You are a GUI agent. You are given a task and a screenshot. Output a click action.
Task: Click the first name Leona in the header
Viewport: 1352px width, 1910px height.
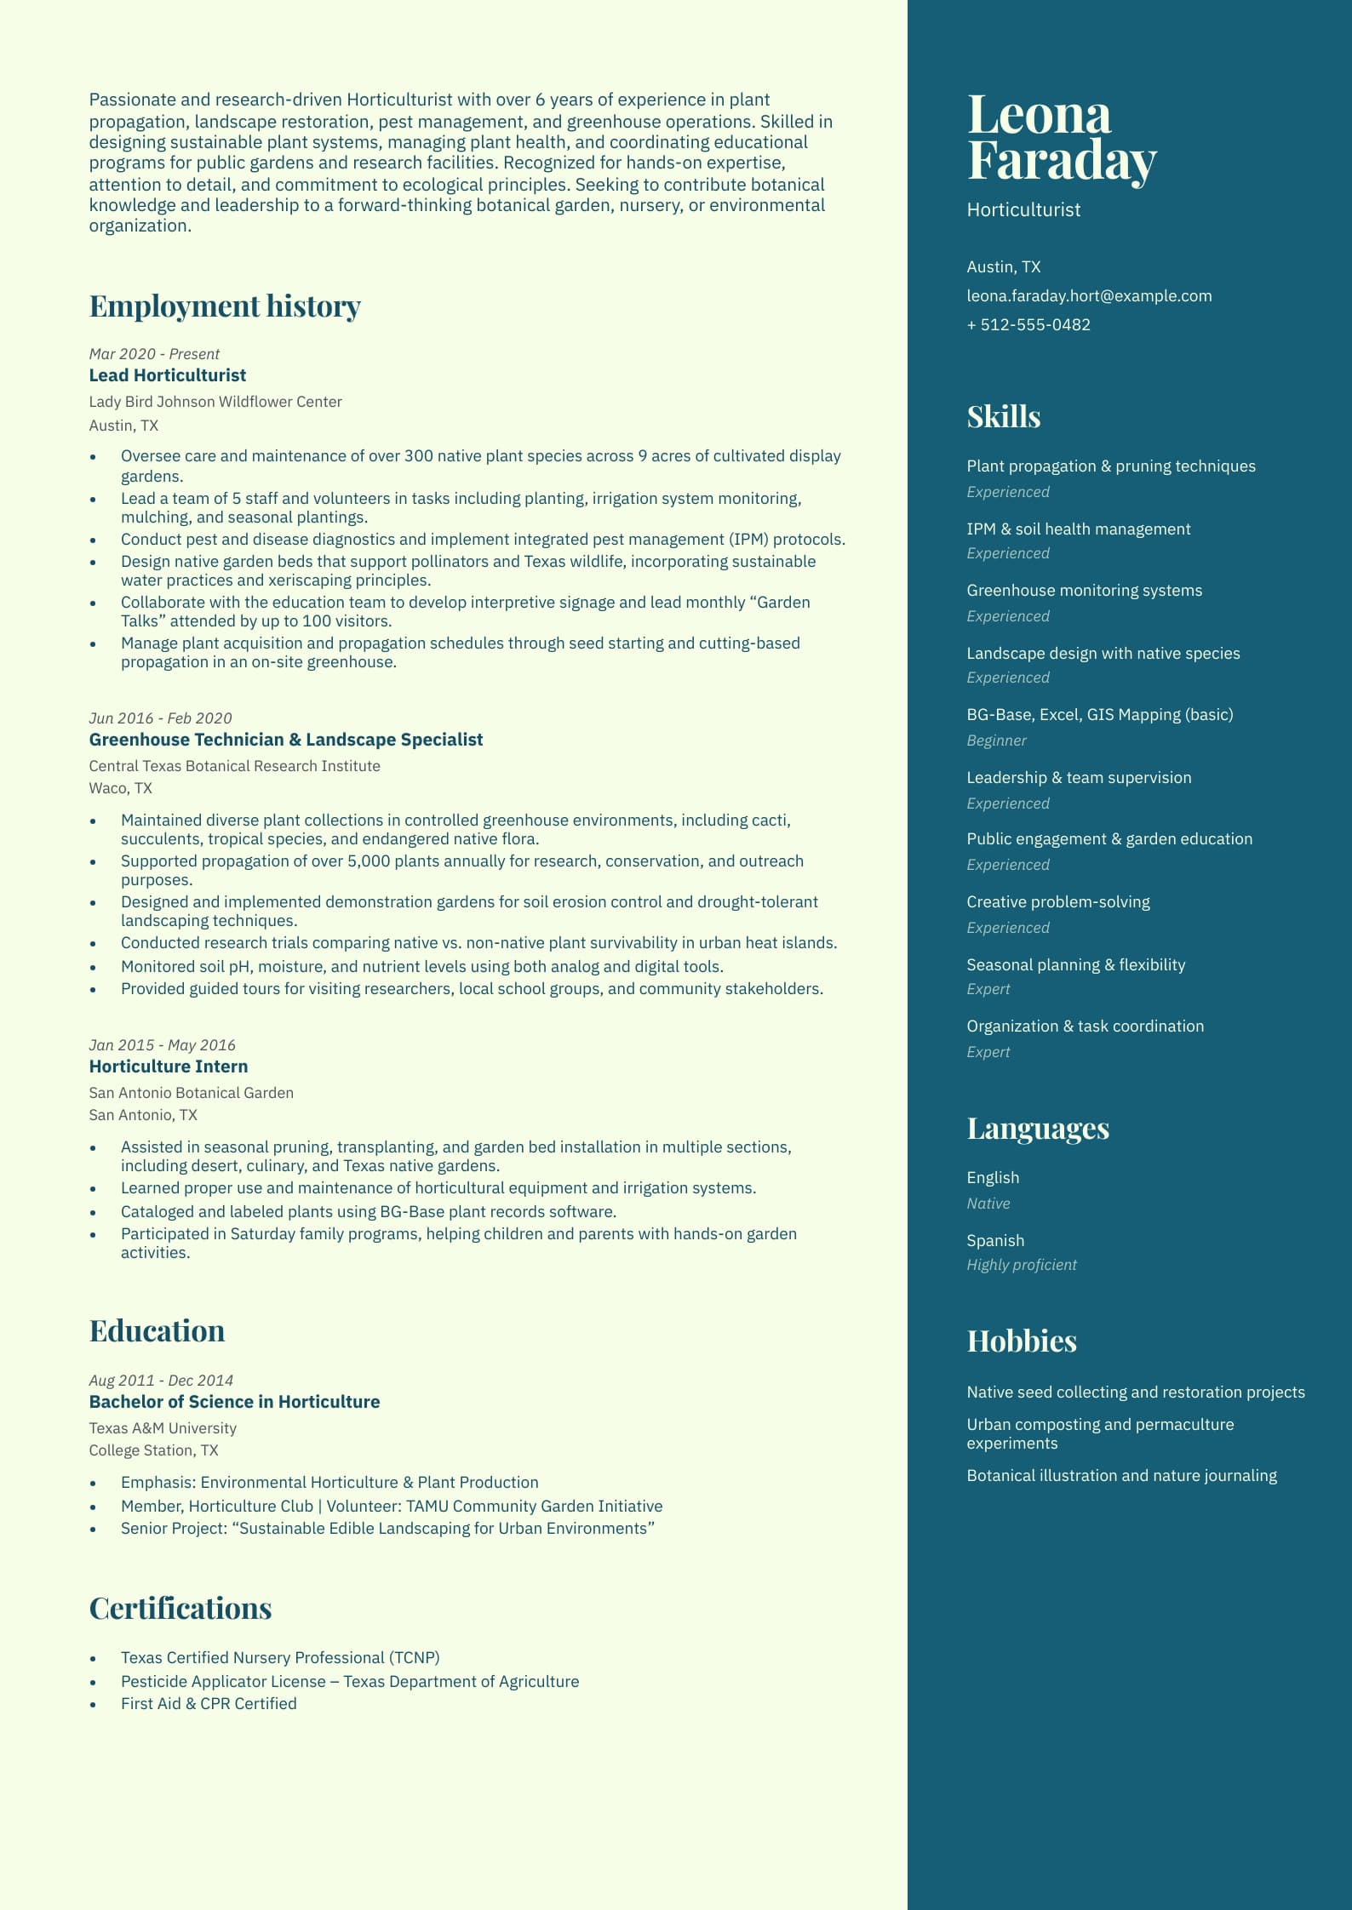point(1039,115)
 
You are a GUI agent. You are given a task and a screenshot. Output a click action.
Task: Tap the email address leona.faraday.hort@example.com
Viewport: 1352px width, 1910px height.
point(1089,296)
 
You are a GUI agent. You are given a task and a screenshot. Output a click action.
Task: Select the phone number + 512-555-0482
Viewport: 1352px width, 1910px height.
point(1028,325)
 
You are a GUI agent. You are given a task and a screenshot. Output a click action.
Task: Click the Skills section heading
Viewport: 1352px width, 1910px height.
point(1003,417)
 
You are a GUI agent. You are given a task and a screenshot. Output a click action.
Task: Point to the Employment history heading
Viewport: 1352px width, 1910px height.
point(225,306)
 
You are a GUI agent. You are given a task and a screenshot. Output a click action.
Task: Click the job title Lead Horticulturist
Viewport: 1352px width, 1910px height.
point(168,375)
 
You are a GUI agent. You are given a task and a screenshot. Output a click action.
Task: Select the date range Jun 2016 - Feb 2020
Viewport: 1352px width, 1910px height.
point(160,718)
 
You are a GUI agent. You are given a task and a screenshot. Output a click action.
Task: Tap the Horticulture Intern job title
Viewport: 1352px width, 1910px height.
point(169,1067)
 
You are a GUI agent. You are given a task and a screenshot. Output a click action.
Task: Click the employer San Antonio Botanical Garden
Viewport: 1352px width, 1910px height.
point(192,1093)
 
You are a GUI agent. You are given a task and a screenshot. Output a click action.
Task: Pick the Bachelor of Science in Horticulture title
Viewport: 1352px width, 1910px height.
point(234,1402)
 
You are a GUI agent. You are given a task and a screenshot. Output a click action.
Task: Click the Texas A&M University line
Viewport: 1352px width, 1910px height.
point(163,1428)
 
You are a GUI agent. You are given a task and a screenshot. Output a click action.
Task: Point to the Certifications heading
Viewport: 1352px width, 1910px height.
point(180,1609)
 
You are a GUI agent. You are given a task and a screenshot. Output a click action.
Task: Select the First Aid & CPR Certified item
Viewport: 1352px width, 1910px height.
point(209,1703)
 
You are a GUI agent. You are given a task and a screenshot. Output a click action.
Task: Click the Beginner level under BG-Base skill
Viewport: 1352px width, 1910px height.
point(996,741)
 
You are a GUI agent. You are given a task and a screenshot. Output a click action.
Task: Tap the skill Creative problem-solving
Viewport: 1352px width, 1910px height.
point(1057,902)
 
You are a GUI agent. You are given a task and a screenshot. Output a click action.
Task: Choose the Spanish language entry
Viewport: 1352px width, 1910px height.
point(995,1241)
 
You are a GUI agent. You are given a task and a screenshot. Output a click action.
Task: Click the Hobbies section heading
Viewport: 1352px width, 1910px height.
point(1022,1341)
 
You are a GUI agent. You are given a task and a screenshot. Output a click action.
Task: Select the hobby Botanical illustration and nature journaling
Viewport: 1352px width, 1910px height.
point(1121,1476)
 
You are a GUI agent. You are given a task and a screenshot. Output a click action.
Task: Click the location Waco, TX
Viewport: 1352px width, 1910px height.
point(121,788)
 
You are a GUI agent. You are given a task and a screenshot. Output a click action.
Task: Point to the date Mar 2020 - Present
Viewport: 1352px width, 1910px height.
point(154,354)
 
